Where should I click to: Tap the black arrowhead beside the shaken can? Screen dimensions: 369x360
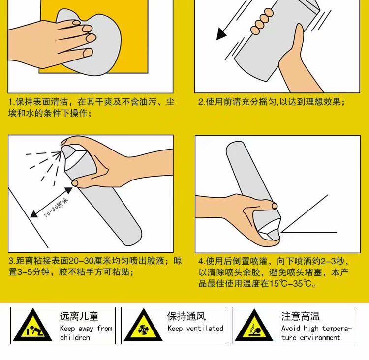click(x=221, y=34)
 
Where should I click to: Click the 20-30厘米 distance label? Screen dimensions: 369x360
click(x=56, y=207)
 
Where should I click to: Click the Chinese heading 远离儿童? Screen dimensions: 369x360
click(x=79, y=316)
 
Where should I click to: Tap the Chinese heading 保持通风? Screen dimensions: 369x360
click(x=186, y=316)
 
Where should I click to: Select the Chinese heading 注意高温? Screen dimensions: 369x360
click(x=301, y=316)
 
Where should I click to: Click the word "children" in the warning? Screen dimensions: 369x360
click(x=75, y=338)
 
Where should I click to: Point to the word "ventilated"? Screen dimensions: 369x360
click(x=205, y=328)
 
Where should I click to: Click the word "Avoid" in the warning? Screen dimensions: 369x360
click(x=291, y=328)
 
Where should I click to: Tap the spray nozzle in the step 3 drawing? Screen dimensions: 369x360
click(x=66, y=150)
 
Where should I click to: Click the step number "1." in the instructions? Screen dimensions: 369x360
click(x=12, y=102)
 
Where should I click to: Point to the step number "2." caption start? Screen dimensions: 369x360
click(x=202, y=102)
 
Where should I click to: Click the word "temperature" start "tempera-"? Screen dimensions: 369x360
click(x=337, y=328)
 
